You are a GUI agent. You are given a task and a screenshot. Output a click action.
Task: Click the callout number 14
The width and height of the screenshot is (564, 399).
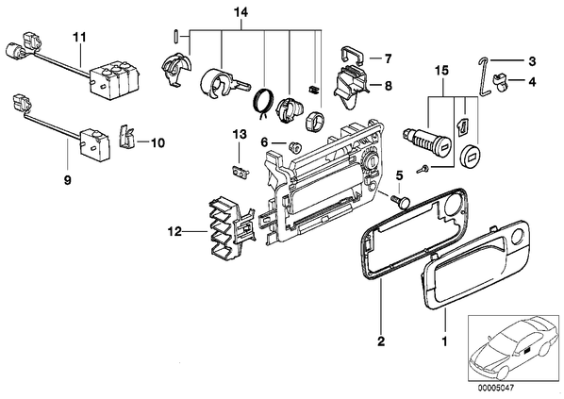(241, 13)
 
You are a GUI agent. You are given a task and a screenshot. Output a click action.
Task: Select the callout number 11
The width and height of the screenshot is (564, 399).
(79, 37)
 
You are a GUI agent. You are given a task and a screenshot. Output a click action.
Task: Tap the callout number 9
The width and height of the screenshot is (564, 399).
(68, 180)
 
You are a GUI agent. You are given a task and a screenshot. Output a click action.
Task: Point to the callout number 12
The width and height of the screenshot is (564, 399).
(174, 232)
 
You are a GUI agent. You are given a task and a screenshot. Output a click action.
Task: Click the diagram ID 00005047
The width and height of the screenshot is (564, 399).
(496, 389)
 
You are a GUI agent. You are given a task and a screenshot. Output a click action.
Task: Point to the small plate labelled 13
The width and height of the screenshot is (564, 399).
(240, 172)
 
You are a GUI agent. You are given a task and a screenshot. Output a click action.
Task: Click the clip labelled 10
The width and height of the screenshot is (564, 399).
(125, 137)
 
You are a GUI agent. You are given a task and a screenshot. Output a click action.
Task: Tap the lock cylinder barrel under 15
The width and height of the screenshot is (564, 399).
(426, 141)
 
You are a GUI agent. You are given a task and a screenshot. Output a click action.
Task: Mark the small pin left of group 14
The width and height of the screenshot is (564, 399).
(175, 37)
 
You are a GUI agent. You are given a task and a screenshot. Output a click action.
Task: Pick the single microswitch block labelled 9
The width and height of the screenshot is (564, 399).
(94, 144)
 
